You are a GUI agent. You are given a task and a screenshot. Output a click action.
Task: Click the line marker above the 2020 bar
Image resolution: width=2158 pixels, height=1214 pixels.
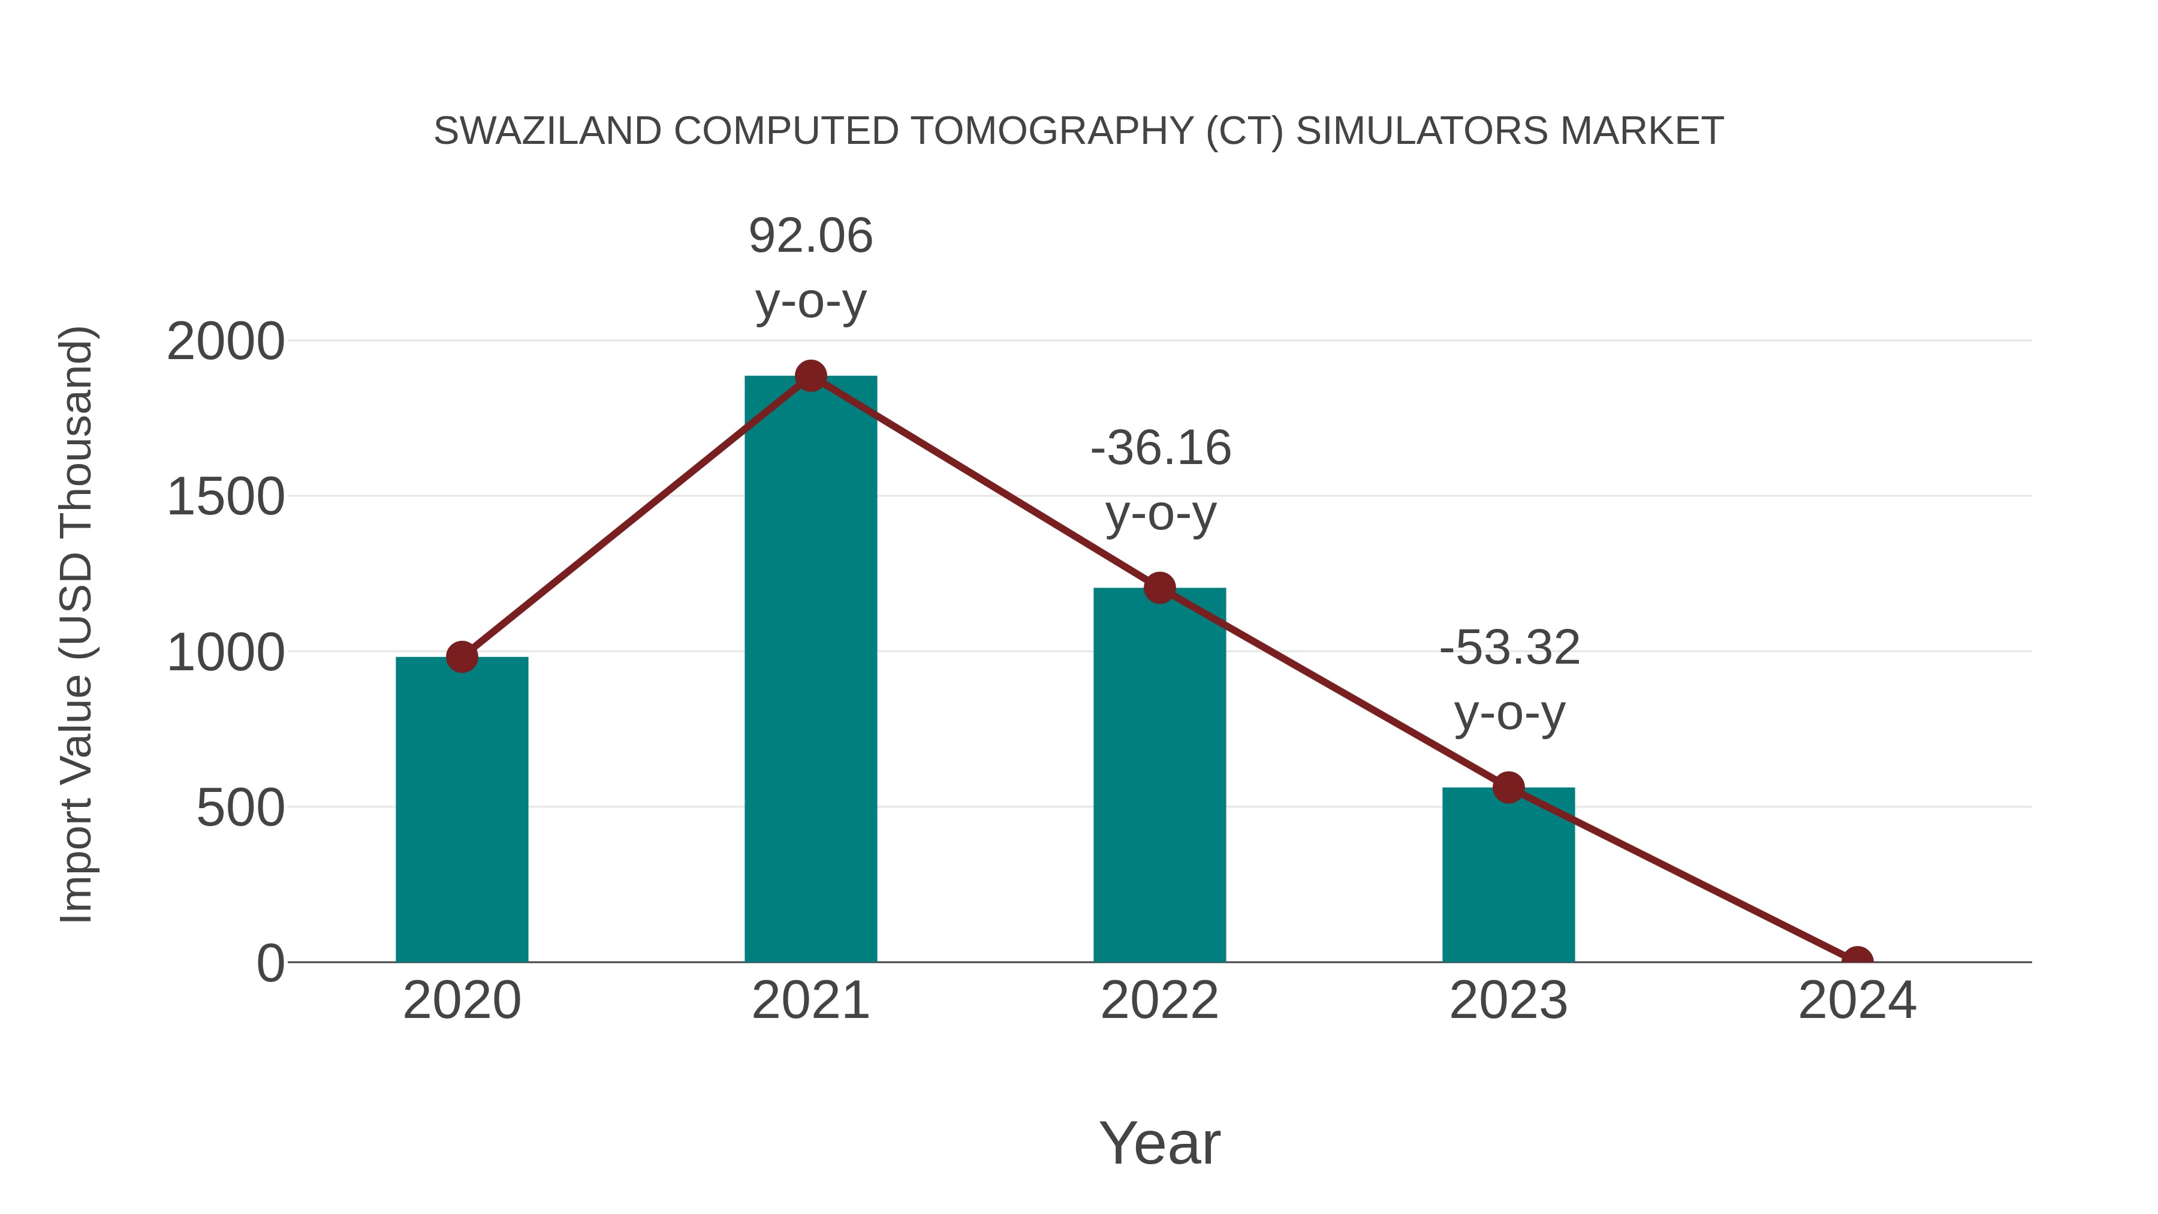pos(462,657)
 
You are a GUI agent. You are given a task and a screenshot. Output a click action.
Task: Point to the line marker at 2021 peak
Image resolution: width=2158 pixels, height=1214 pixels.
pos(810,376)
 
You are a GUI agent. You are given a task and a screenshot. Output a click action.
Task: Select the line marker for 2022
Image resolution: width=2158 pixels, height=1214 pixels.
pos(1159,588)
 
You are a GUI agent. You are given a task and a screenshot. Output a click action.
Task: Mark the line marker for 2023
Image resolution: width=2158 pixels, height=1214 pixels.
pos(1508,788)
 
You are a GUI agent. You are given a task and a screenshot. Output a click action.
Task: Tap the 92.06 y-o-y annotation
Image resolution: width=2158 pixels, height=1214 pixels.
pos(810,268)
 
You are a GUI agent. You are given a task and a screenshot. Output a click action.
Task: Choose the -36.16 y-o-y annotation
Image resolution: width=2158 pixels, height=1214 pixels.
pos(1161,480)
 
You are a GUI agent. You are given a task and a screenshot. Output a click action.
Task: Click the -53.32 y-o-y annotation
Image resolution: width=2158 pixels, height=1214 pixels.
pos(1509,680)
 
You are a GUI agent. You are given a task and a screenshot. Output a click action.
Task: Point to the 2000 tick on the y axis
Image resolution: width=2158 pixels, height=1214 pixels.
pos(225,342)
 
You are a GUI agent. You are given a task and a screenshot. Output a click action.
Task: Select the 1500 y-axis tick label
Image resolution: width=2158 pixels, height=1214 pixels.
pos(225,497)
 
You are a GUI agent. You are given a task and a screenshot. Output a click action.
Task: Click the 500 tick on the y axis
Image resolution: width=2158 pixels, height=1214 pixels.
pos(240,809)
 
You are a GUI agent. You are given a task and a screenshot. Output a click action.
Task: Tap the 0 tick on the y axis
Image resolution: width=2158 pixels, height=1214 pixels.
pos(270,963)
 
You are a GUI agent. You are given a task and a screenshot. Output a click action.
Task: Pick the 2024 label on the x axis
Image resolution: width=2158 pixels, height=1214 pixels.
pos(1857,1001)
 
